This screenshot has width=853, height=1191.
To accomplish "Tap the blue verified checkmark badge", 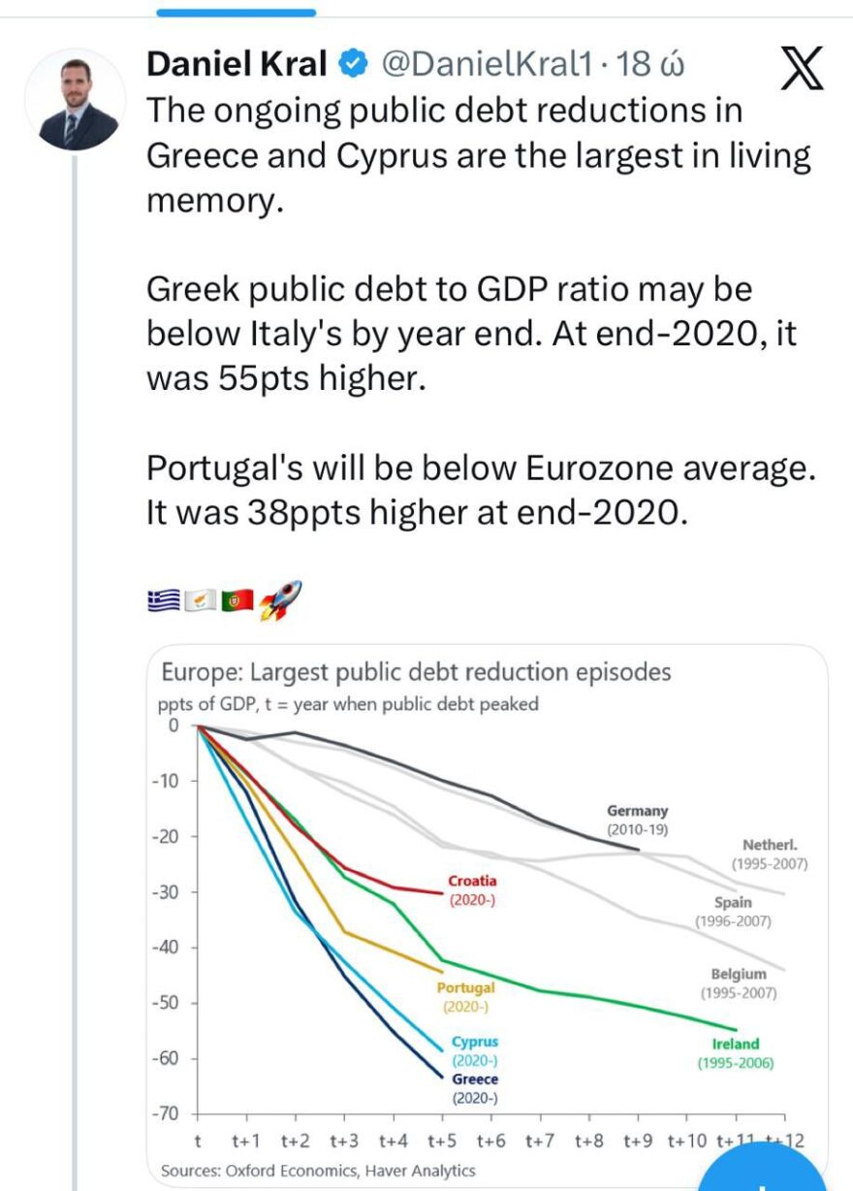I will pyautogui.click(x=353, y=65).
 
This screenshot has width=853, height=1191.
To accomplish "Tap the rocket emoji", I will pyautogui.click(x=281, y=600).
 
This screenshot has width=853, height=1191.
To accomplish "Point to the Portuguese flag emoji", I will pyautogui.click(x=237, y=601).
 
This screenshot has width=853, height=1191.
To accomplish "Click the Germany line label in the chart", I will pyautogui.click(x=637, y=811).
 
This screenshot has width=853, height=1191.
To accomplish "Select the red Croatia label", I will pyautogui.click(x=472, y=882).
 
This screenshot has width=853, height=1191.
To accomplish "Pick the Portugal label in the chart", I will pyautogui.click(x=465, y=987).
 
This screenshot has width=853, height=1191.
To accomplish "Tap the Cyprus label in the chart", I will pyautogui.click(x=475, y=1043).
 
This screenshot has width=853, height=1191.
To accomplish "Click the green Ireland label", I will pyautogui.click(x=736, y=1045).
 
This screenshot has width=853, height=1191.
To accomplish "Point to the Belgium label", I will pyautogui.click(x=739, y=974).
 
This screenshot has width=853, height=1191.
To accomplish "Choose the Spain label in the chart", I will pyautogui.click(x=733, y=903).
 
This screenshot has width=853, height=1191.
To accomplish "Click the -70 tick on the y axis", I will pyautogui.click(x=166, y=1113).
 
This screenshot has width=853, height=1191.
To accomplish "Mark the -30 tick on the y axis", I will pyautogui.click(x=166, y=891).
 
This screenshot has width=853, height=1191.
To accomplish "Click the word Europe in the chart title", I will pyautogui.click(x=194, y=672).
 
